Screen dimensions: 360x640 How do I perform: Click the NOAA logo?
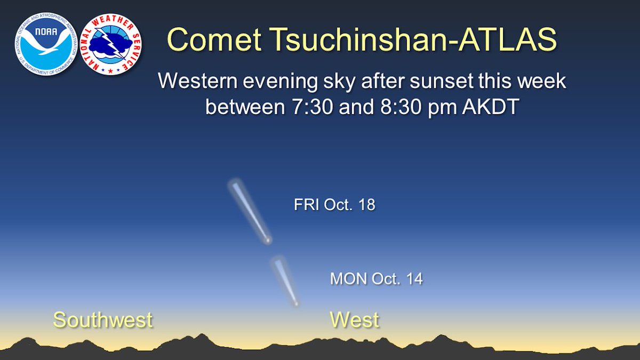[46, 44]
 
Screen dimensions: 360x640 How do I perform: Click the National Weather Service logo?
[110, 44]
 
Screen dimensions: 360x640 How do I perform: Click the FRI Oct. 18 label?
[334, 205]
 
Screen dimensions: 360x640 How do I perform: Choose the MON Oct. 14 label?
[377, 278]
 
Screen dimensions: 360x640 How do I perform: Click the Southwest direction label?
[102, 320]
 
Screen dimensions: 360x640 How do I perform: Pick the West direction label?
[354, 320]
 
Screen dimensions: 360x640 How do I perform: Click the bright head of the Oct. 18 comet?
[268, 240]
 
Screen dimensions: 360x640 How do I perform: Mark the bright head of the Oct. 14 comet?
[295, 303]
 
